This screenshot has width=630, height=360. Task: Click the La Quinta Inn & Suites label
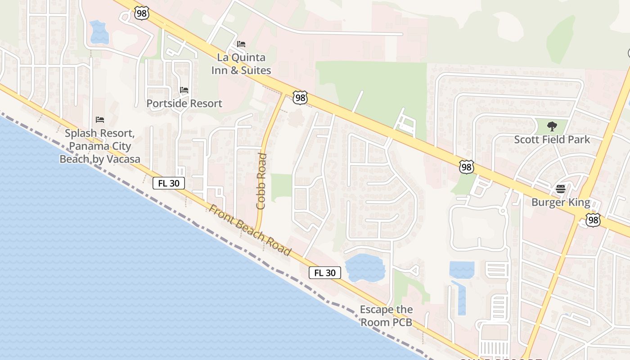tap(241, 64)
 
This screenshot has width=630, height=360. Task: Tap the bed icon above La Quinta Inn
tap(241, 44)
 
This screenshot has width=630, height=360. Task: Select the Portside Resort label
tap(184, 103)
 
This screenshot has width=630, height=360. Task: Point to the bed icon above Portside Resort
tap(184, 90)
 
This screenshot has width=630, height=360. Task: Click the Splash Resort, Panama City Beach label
tap(100, 146)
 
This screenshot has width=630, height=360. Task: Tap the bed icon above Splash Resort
tap(100, 120)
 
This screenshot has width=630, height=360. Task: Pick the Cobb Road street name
tap(261, 181)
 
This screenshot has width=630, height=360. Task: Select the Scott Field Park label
tap(552, 139)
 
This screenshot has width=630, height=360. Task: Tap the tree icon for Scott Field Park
tap(552, 126)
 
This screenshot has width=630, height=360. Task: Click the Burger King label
tap(561, 202)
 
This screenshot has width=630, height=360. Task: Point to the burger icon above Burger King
tap(560, 189)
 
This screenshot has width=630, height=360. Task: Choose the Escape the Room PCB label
tap(386, 316)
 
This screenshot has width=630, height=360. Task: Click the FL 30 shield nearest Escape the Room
tap(325, 273)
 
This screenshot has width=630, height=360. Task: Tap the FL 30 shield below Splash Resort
tap(169, 183)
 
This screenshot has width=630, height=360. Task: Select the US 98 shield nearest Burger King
tap(593, 220)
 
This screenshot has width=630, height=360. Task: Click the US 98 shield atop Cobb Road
tap(299, 97)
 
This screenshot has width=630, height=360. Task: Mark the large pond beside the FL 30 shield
tap(365, 268)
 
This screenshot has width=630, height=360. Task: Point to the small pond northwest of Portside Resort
tap(99, 32)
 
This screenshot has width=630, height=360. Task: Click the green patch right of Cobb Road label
tap(281, 187)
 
